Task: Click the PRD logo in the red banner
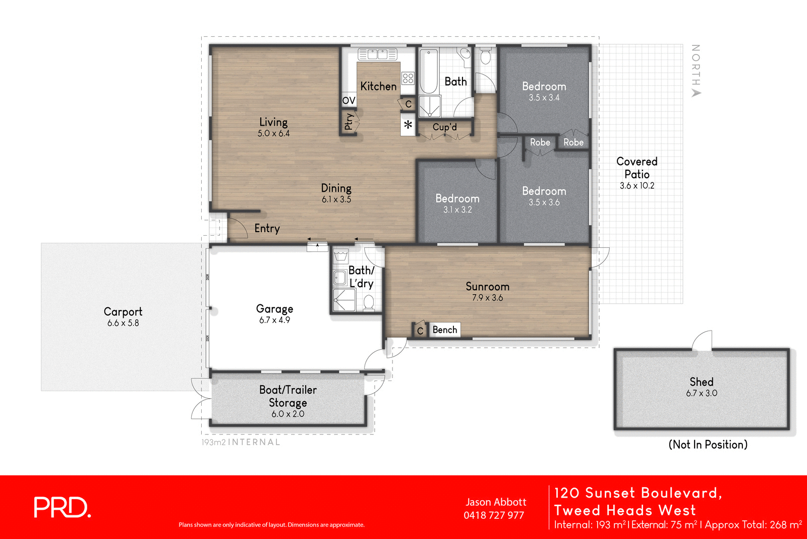[62, 507]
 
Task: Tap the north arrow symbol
[696, 93]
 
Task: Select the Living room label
[273, 122]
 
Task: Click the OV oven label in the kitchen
[349, 100]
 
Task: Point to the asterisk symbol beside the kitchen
[408, 124]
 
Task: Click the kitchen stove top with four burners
[408, 78]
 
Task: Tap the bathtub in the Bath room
[429, 72]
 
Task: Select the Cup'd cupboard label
[444, 127]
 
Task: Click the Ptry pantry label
[349, 122]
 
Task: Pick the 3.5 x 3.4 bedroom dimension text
[544, 98]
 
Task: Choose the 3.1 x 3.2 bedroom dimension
[457, 209]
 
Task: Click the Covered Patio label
[637, 168]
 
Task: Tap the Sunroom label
[487, 287]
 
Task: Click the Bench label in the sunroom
[444, 330]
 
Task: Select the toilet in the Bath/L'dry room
[369, 303]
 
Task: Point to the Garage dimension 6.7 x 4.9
[274, 320]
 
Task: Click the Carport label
[123, 312]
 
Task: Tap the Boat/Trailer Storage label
[287, 396]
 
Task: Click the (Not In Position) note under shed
[708, 445]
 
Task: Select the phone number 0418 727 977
[494, 515]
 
